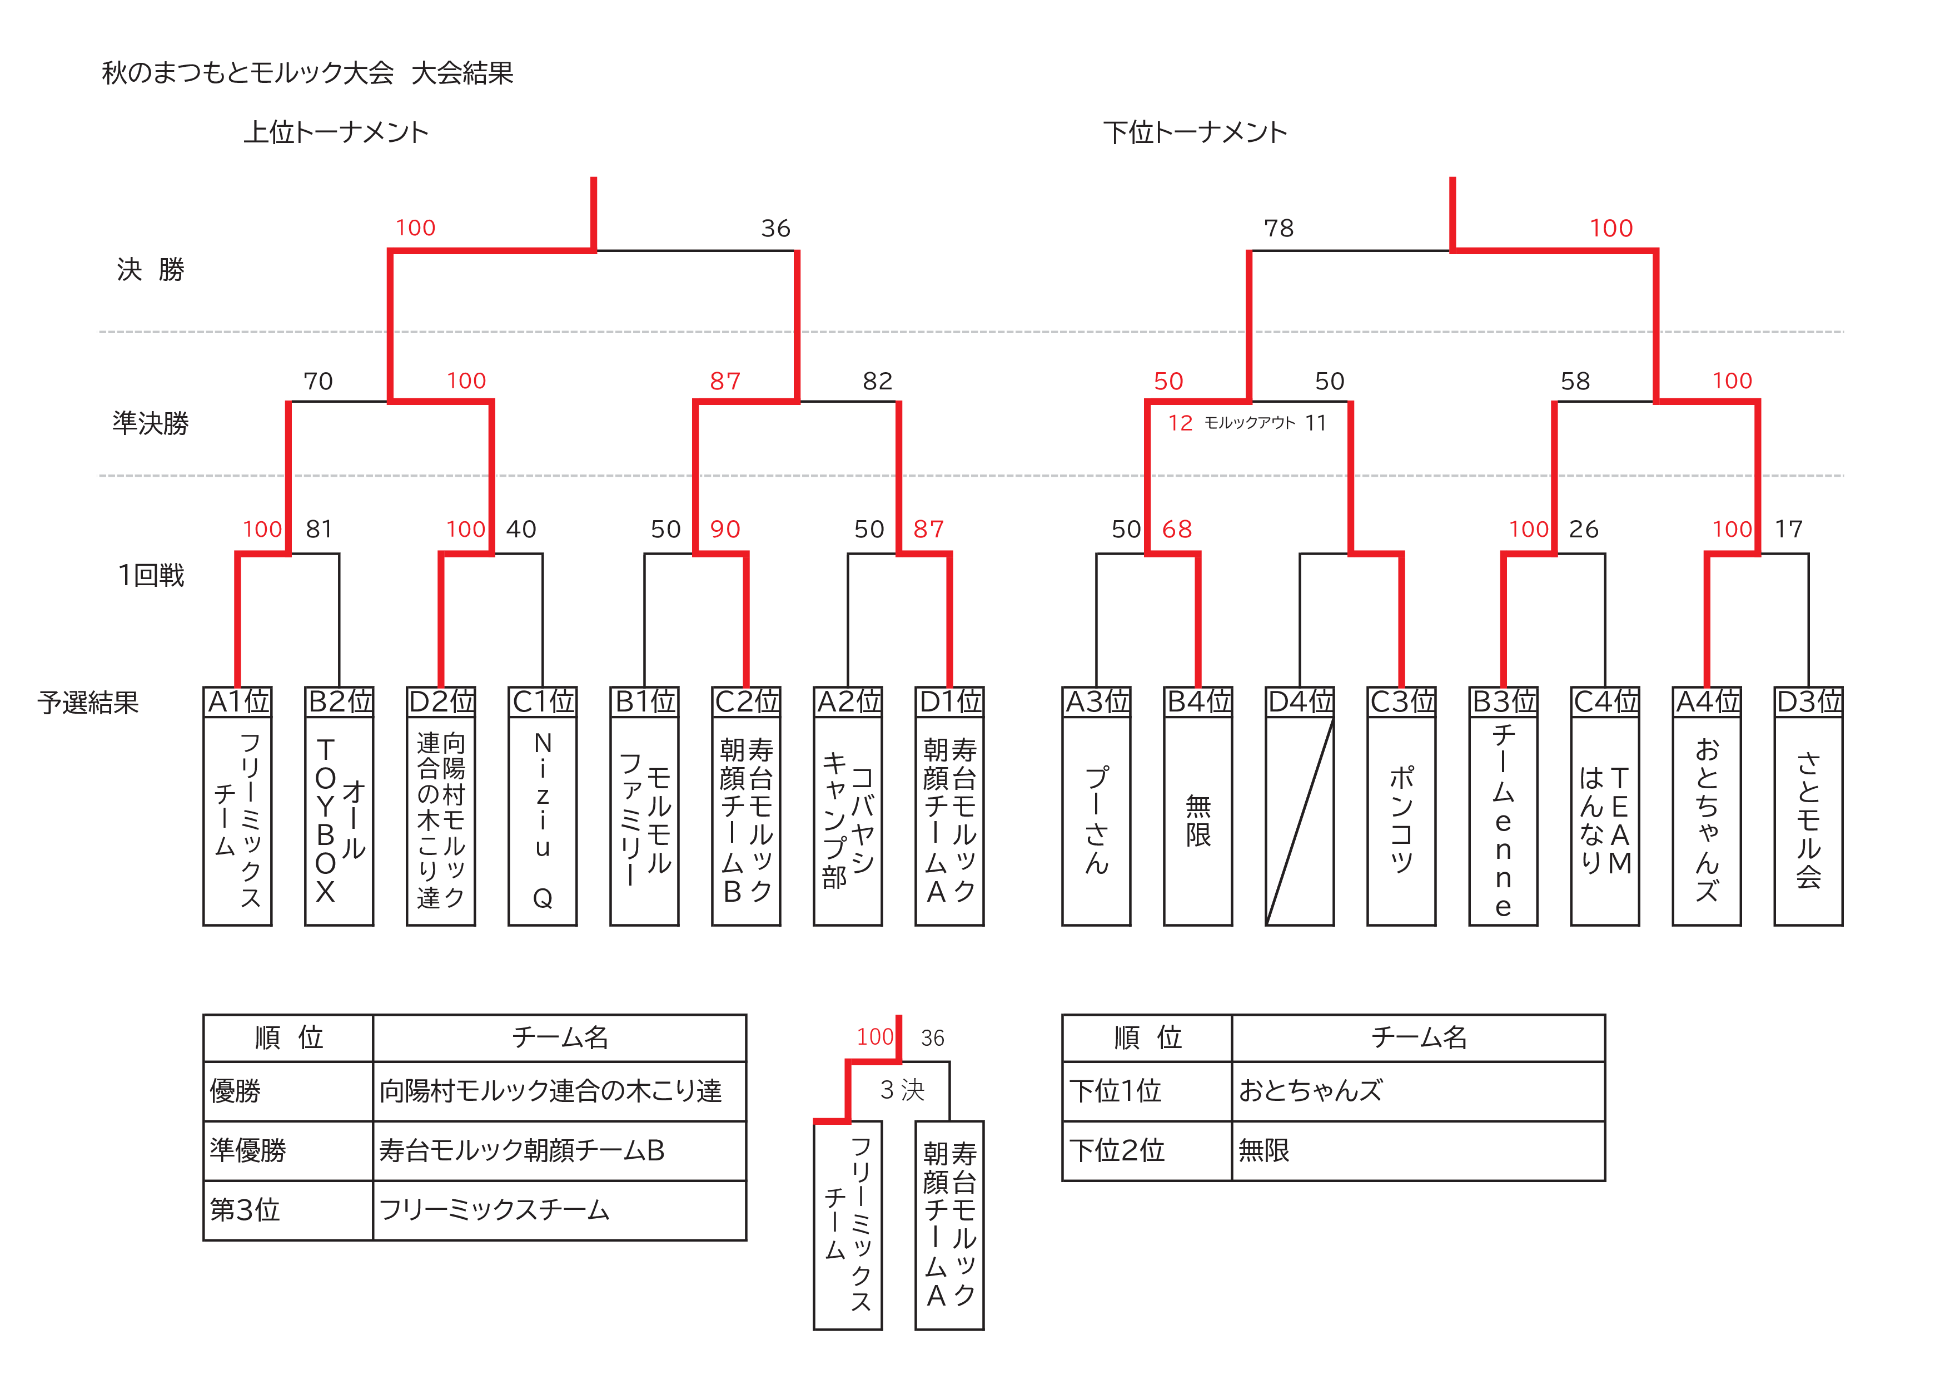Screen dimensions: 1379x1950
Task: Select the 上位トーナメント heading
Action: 336,132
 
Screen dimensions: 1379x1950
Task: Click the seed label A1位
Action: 238,702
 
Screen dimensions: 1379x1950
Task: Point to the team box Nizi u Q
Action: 543,821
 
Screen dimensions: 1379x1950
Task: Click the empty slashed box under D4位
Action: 1300,821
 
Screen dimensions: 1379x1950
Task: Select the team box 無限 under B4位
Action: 1197,821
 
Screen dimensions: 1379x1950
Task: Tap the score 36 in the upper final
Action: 775,229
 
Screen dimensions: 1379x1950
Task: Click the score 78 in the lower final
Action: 1278,229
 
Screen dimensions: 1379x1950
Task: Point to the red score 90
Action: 725,530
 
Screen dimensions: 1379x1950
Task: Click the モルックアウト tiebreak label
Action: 1250,423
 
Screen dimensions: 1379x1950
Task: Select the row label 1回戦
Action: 151,575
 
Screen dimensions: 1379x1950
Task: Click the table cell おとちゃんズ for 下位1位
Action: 1311,1090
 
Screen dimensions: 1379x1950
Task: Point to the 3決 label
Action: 902,1090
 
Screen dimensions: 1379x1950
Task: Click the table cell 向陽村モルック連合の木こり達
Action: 550,1090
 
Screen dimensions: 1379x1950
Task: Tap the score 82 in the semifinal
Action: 877,382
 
